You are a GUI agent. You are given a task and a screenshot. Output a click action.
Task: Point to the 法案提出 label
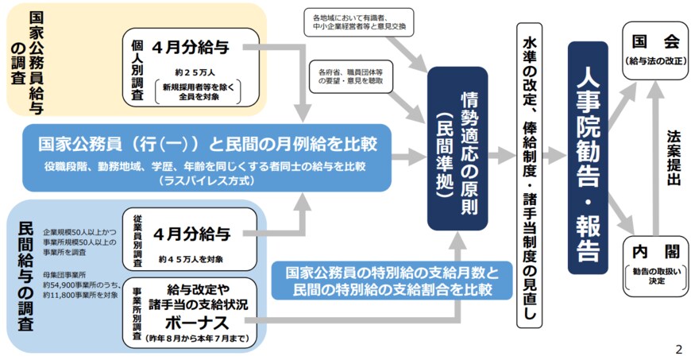pos(674,159)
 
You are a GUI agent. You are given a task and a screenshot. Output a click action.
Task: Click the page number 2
pos(678,349)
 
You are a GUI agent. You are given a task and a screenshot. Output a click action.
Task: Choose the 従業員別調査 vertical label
pos(136,239)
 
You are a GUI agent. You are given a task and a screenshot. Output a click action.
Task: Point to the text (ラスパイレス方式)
pos(206,180)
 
